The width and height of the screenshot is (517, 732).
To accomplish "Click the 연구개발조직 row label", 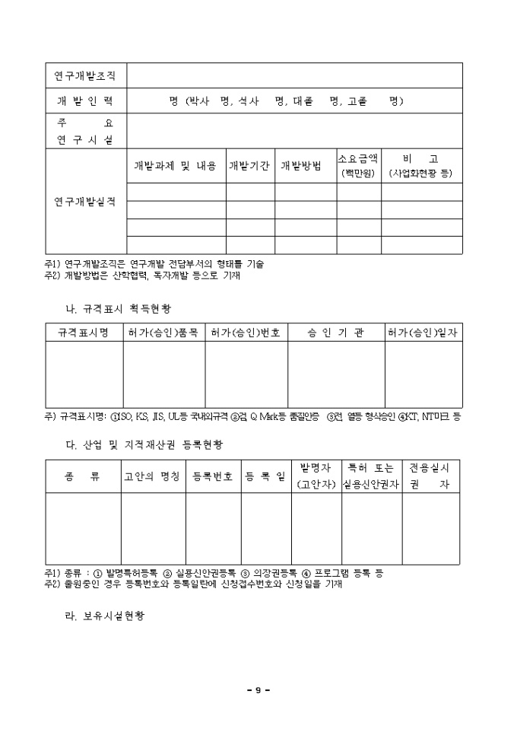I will coord(85,76).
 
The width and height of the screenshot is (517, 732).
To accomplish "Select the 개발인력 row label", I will coord(85,101).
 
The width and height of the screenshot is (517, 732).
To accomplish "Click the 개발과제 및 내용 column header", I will coord(176,166).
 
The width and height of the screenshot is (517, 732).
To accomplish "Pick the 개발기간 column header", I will coord(250,166).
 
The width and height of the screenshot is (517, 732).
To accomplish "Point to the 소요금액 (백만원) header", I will coord(358,166).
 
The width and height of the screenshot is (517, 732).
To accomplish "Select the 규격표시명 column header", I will coord(84,333).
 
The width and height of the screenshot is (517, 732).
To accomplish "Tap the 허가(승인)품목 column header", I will coord(163,333).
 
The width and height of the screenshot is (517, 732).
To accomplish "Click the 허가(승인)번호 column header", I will coord(246,333).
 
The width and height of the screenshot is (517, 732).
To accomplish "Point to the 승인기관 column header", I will coord(335,333).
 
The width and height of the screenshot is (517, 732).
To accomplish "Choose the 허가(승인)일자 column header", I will coord(423,333).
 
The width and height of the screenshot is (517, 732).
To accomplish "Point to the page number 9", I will coord(258,690).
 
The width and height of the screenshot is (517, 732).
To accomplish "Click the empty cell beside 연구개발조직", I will coord(295,76).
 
